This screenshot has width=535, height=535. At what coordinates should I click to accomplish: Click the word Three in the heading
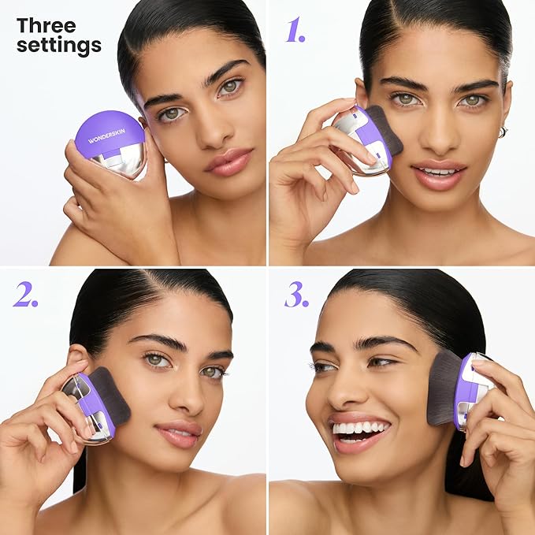(46, 25)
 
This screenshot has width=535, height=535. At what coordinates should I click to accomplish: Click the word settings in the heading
(59, 45)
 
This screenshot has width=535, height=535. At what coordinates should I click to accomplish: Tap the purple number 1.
(295, 30)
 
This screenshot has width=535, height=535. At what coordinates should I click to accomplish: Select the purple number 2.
(25, 294)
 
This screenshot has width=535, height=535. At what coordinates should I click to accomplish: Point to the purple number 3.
(296, 294)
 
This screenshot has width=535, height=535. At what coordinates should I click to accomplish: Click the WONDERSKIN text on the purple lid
(106, 136)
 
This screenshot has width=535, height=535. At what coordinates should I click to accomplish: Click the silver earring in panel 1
(503, 132)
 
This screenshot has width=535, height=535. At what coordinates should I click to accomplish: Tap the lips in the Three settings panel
(228, 162)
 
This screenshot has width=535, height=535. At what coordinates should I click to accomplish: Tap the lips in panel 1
(439, 175)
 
